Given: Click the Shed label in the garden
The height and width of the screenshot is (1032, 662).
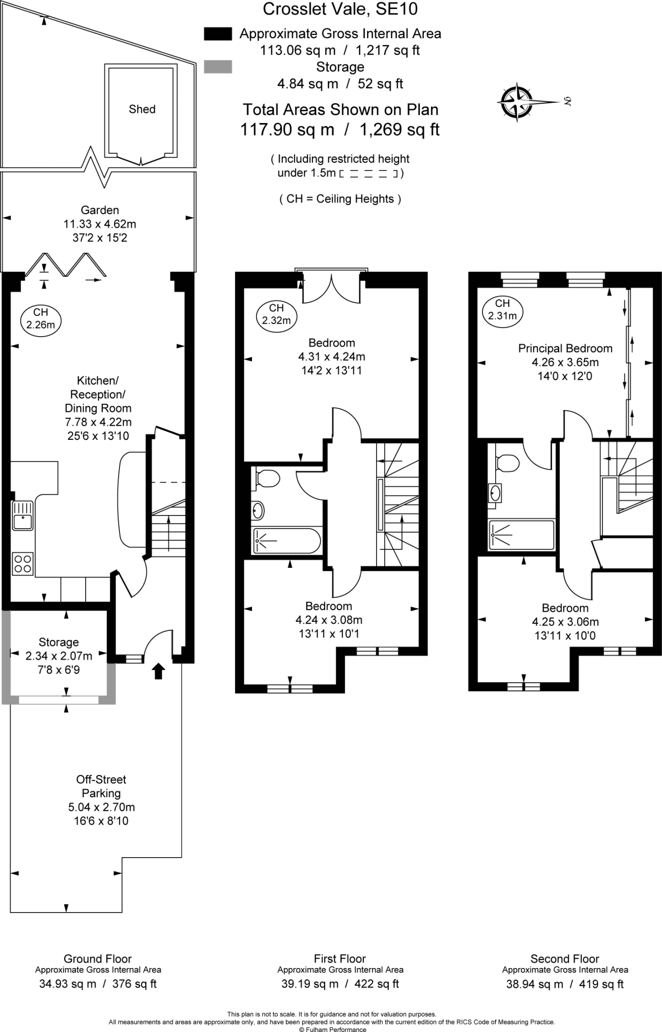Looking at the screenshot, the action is coord(142,109).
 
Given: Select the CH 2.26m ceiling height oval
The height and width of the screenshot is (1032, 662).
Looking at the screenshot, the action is coord(40,319).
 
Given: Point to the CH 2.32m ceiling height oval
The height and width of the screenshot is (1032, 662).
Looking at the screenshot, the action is coord(276,314).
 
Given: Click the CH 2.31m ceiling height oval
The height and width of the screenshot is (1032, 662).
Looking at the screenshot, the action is coord(502,310).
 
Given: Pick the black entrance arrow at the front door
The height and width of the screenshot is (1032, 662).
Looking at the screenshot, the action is coord(158,671).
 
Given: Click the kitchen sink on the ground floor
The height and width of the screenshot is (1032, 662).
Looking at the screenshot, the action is coord(23,515).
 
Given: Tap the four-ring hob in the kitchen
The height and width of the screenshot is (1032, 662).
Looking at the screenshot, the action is coord(23,563).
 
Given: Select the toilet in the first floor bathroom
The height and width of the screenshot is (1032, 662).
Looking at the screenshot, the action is coord(267,478).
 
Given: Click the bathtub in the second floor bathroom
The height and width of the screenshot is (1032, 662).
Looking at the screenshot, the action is coord(521,535).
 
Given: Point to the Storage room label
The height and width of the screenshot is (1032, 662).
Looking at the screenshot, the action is coord(59,642).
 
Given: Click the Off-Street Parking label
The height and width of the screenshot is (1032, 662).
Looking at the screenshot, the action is coord(101,786).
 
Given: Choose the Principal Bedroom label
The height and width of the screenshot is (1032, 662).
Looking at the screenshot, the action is coord(565,348).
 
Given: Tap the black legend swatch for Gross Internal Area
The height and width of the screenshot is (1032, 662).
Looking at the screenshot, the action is coord(218,34).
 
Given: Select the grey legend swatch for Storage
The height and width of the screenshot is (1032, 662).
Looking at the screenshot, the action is coord(218,67).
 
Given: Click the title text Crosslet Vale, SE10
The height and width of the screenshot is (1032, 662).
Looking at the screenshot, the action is coord(340,9).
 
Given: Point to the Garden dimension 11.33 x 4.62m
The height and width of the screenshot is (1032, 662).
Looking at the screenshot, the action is coord(100,224).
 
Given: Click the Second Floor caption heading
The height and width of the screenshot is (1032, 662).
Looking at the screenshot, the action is coord(565,959).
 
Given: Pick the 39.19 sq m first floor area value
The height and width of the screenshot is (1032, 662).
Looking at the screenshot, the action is coord(310,984).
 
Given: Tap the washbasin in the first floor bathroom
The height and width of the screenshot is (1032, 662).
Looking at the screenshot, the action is coord(258,510).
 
